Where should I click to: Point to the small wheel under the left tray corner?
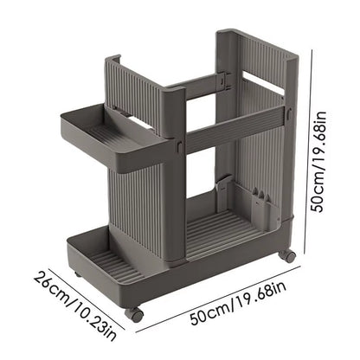point(77,274)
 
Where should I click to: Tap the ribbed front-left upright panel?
point(143,208)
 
